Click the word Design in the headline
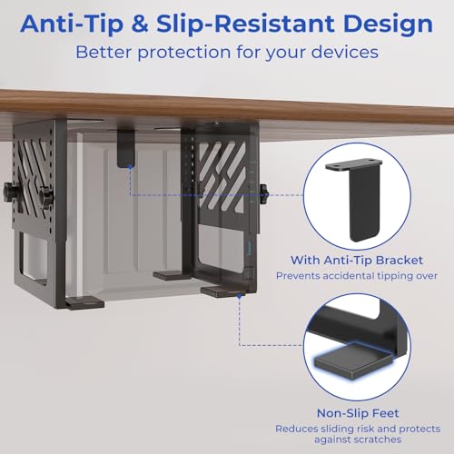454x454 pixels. [x=389, y=25]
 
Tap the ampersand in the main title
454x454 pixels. [x=140, y=24]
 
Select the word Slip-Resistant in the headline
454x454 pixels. [x=245, y=24]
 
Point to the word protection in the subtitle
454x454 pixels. [x=184, y=53]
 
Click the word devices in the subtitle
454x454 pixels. [x=345, y=52]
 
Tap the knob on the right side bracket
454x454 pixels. [x=264, y=193]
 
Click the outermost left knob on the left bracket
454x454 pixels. [x=8, y=192]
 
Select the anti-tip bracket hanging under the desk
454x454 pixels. [x=126, y=148]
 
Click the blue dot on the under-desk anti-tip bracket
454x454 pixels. [x=131, y=167]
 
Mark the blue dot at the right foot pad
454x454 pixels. [x=239, y=296]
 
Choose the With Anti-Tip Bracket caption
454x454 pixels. [x=357, y=261]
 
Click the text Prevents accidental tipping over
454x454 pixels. [x=357, y=276]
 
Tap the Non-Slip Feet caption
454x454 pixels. [x=358, y=413]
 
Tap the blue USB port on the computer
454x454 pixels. [x=250, y=245]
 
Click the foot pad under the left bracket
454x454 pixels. [x=84, y=303]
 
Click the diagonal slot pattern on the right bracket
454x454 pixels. [x=222, y=178]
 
